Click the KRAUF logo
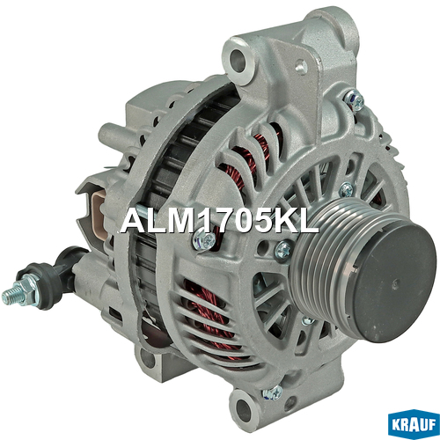pos(413,424)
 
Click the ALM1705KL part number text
pos(219,222)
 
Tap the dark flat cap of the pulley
pos(395,282)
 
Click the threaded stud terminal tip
pos(8,297)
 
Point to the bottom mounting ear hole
pos(243,408)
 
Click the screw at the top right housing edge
pos(356,100)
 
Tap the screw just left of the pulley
pos(283,250)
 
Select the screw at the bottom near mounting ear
pos(273,392)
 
